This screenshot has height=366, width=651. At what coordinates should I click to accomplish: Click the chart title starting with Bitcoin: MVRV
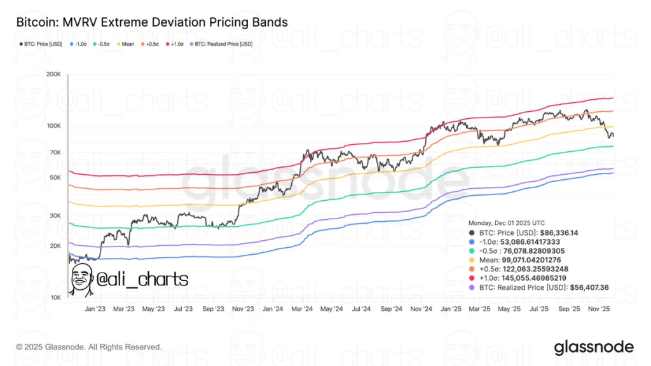147,22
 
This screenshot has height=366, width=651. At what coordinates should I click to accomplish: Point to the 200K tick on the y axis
53,75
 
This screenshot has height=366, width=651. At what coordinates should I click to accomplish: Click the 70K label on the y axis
54,153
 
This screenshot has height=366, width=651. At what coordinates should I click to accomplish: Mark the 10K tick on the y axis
54,297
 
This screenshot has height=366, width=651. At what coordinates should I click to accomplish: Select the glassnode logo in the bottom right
594,347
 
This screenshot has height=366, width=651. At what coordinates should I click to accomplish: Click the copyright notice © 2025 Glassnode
89,347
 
